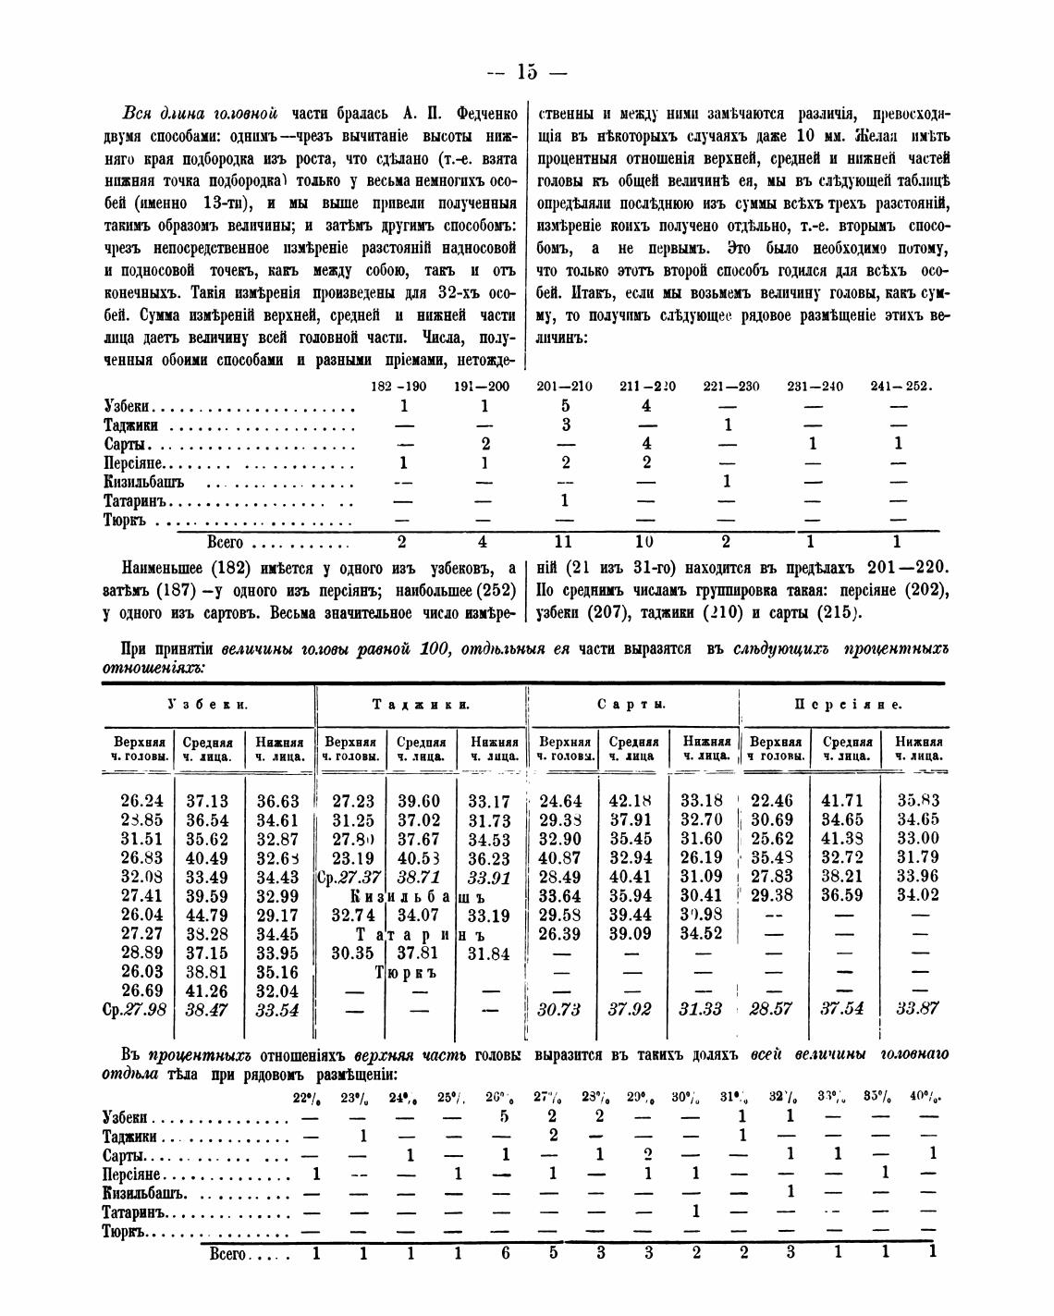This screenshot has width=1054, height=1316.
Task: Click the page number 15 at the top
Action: tap(527, 72)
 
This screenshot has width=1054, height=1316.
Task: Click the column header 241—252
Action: tap(901, 387)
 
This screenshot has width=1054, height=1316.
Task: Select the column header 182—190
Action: tap(398, 387)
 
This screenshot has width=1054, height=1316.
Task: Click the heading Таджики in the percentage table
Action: tap(421, 705)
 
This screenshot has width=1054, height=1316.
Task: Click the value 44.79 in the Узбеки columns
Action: tap(206, 916)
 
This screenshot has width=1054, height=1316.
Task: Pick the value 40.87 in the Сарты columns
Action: tap(560, 858)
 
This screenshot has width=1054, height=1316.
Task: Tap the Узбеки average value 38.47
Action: tap(206, 1010)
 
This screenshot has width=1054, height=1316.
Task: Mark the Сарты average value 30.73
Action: tap(560, 1010)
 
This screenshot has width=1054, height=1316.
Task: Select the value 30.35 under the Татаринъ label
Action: tap(350, 953)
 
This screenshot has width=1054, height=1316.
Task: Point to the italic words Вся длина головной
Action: tap(201, 115)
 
